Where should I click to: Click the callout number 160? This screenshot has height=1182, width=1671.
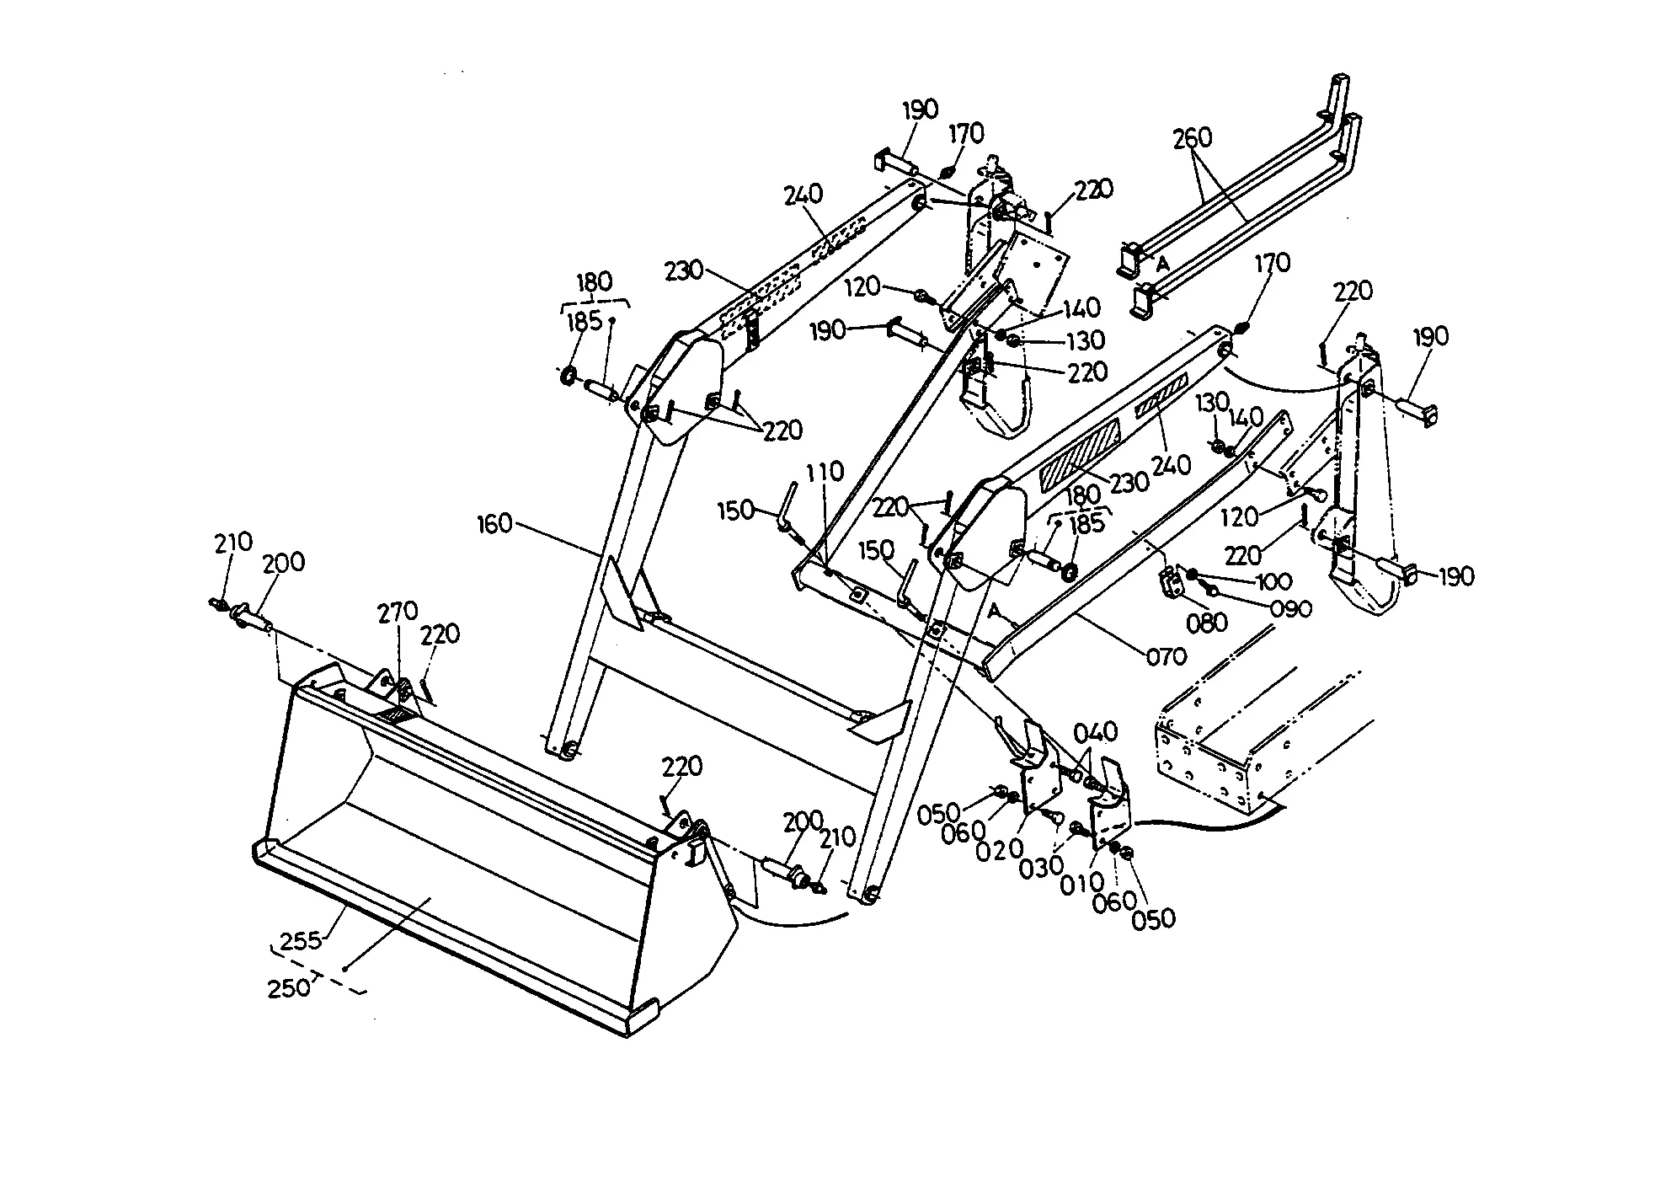click(494, 524)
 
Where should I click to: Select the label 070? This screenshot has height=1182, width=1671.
click(1166, 655)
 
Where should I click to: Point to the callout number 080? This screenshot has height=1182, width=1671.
click(1208, 623)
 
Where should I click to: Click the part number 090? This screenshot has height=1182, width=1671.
click(1291, 608)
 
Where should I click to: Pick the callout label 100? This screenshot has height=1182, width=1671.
click(1273, 581)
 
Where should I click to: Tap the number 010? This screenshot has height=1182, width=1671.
click(1083, 882)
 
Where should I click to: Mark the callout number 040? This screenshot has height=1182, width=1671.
click(1096, 732)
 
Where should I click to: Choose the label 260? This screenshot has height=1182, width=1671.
click(1193, 137)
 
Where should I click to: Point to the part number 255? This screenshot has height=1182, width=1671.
click(301, 941)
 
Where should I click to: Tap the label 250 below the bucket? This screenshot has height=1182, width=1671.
click(289, 987)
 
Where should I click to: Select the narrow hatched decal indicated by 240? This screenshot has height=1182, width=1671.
click(1161, 396)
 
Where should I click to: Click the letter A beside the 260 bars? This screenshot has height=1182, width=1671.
click(1163, 265)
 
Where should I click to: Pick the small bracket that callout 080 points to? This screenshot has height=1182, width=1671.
click(1170, 582)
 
